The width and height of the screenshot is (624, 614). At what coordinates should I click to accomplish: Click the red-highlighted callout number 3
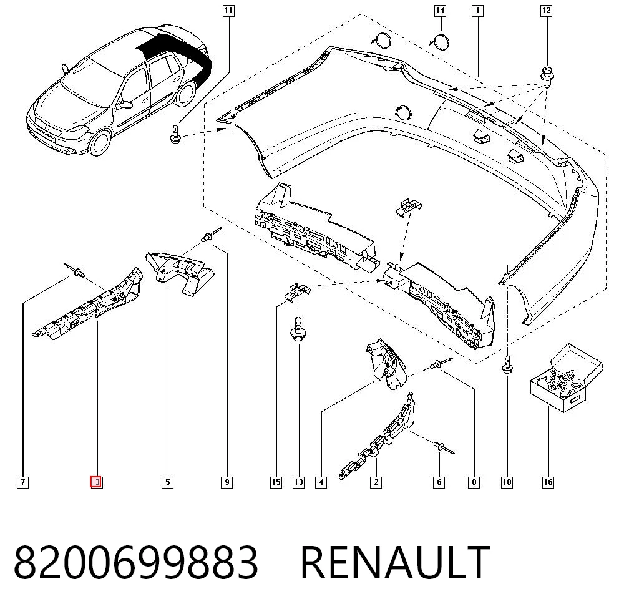tap(96, 482)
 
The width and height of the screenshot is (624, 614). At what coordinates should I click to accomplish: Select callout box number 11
tap(228, 11)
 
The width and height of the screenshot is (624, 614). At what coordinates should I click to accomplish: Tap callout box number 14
tap(440, 11)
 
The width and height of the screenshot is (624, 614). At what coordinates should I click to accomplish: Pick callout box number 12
tap(547, 11)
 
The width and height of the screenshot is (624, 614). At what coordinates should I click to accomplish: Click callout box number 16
tap(548, 482)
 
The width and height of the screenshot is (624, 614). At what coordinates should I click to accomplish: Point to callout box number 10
tap(507, 482)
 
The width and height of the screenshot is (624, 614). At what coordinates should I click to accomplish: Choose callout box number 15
tap(276, 482)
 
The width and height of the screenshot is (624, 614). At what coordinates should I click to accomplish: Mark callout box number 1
tap(477, 11)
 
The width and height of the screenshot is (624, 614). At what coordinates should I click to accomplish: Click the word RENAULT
tap(395, 562)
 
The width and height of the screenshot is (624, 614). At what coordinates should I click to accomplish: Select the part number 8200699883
tap(135, 562)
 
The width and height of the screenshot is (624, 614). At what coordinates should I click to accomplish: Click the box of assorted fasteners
tap(567, 378)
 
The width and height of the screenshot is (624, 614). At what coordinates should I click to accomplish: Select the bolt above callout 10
tap(507, 364)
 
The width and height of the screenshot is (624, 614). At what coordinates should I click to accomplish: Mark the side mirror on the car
tap(126, 105)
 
